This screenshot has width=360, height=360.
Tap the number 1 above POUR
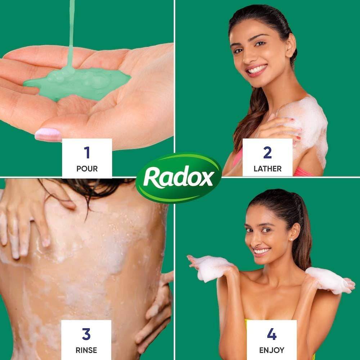coord(87,152)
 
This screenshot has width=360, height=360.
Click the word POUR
coord(87,169)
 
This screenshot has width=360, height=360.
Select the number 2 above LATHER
coord(267,152)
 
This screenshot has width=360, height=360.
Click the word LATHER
coord(267,169)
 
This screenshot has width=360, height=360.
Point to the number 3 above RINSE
coord(86,334)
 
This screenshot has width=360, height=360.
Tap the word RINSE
coord(86,350)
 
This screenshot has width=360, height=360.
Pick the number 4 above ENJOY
coord(271,334)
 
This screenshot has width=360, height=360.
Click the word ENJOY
coord(271,350)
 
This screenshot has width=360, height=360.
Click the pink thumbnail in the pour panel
coord(48,134)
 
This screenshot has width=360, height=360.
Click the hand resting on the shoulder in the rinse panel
coord(25,220)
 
